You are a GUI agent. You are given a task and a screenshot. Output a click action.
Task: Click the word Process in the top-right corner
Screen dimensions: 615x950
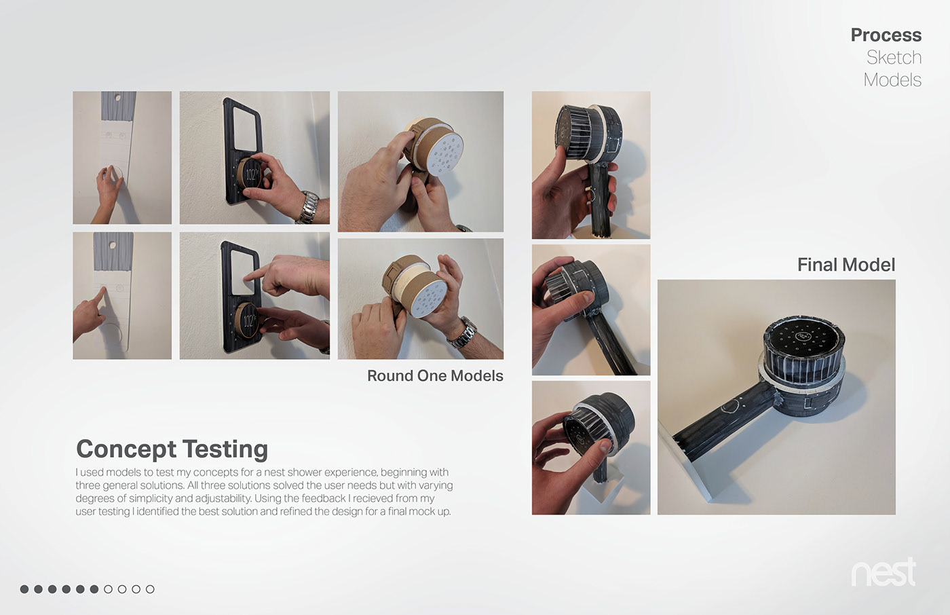tap(886, 35)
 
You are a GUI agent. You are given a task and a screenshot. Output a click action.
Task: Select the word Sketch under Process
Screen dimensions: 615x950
tap(894, 58)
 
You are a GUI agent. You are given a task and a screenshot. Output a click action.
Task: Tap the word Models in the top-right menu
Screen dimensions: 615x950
tap(892, 80)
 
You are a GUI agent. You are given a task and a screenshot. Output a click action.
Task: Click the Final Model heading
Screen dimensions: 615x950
tap(845, 265)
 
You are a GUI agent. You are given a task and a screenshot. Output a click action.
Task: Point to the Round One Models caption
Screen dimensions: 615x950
tap(435, 376)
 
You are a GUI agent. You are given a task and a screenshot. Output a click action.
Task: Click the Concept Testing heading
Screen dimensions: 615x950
tap(172, 449)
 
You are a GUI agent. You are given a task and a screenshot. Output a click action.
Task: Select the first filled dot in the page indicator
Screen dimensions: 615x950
tap(24, 589)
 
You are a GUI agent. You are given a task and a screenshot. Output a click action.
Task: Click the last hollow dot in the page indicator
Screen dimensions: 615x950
tap(150, 589)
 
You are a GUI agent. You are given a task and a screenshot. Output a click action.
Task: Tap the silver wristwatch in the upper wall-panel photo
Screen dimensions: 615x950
tap(308, 208)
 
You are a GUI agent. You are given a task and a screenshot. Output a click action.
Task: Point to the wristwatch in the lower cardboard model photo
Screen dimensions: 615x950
tap(463, 333)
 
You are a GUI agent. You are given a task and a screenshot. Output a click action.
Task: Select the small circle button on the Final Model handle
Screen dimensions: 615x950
tap(730, 407)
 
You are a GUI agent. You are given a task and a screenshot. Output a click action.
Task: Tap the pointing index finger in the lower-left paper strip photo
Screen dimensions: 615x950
tap(100, 294)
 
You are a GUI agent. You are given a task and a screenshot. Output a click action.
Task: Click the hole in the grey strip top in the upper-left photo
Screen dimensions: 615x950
tap(118, 98)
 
